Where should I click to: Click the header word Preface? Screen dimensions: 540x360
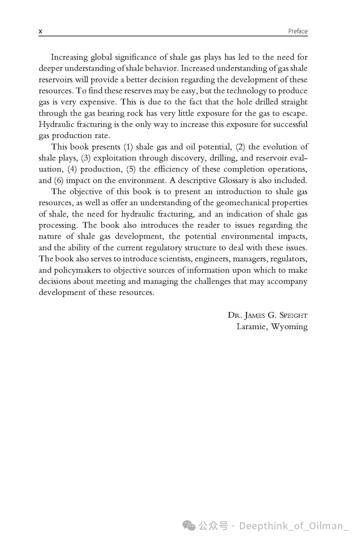(298, 31)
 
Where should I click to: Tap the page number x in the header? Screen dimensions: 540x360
(40, 32)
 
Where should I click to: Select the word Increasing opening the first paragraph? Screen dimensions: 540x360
(69, 57)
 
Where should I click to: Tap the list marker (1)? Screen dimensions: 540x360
(128, 147)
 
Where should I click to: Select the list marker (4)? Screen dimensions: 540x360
(72, 169)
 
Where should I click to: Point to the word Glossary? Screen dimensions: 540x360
(233, 181)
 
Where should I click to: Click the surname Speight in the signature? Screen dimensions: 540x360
(293, 315)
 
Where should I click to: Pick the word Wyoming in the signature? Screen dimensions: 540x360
(289, 327)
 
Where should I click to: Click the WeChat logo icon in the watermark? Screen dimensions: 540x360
(190, 526)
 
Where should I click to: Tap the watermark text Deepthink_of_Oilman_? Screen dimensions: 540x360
(294, 526)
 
